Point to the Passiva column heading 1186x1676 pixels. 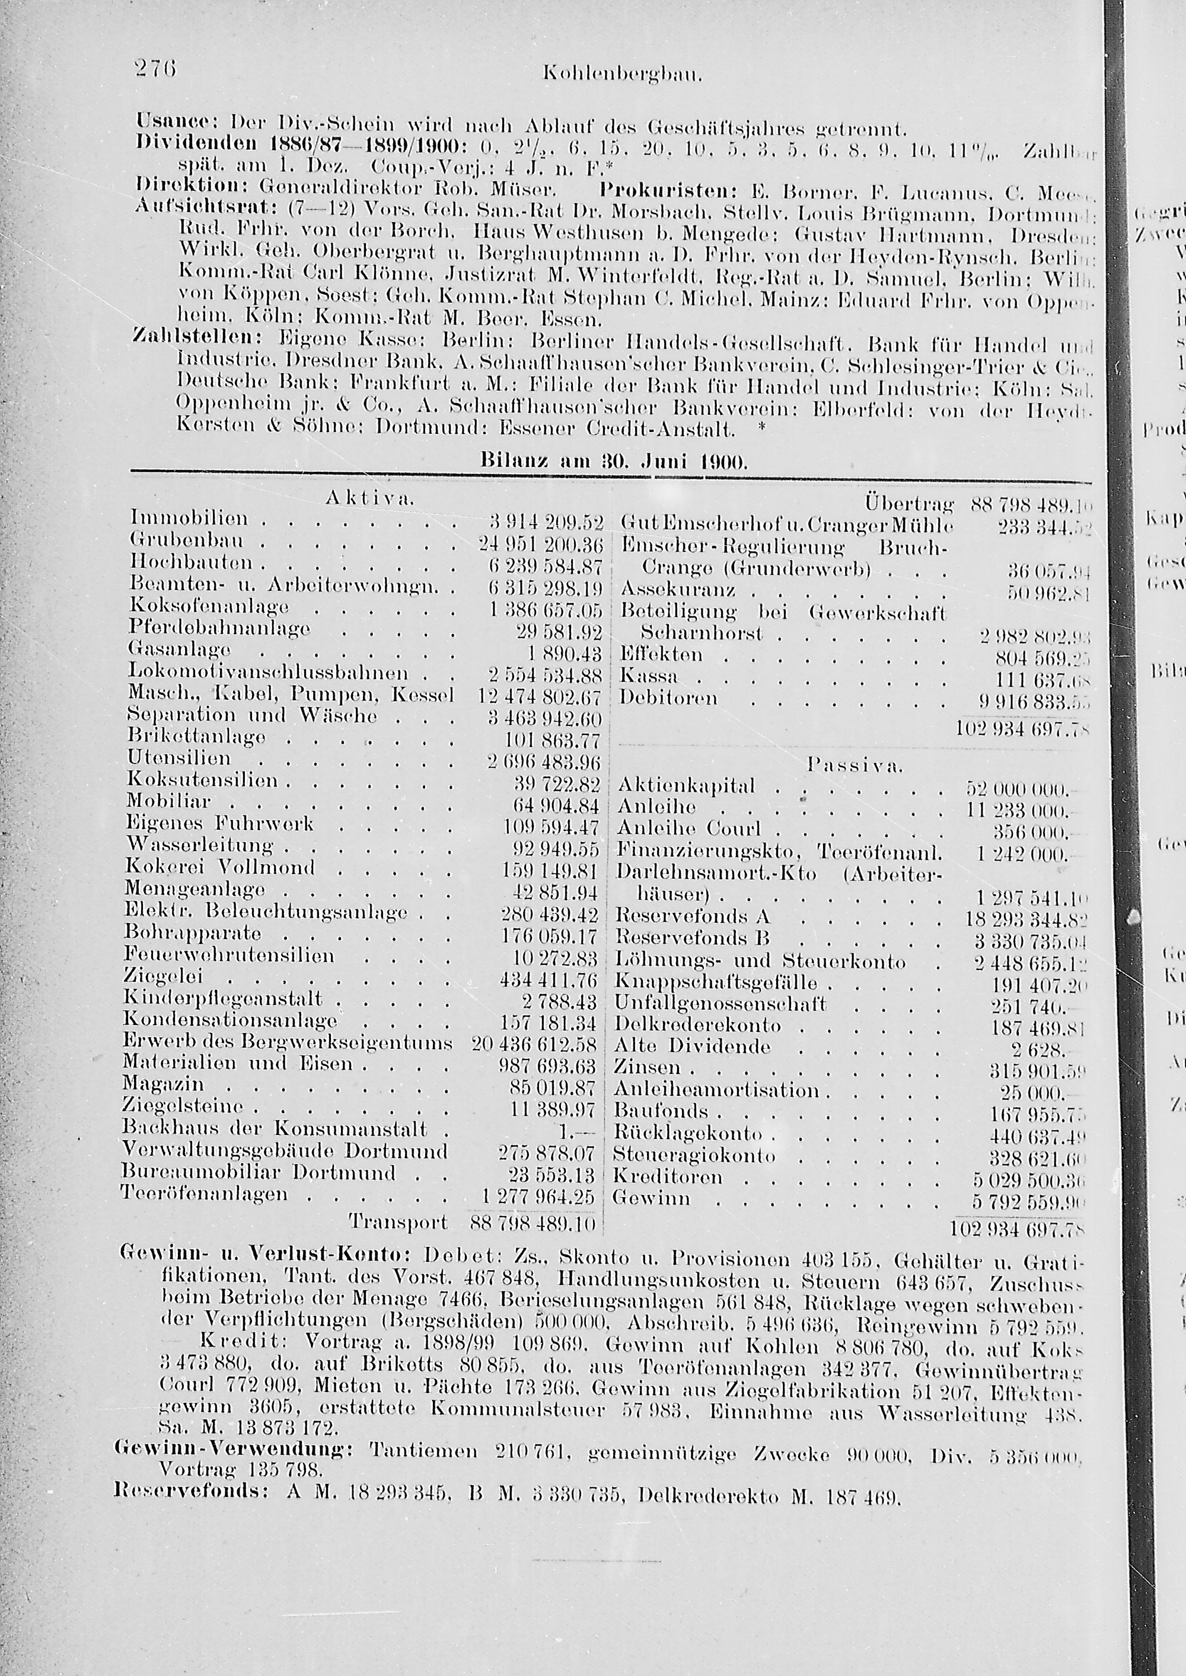coord(855,766)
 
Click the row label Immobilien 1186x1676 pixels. coord(190,519)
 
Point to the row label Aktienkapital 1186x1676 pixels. coord(687,787)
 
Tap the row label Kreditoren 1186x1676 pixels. coord(668,1177)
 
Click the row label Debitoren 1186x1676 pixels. coord(668,699)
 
